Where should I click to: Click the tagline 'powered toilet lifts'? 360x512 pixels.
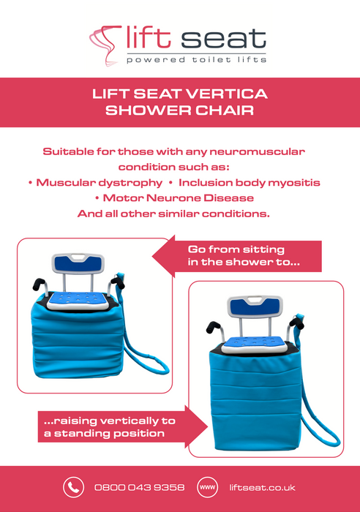click(x=196, y=59)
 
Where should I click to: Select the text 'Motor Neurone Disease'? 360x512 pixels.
click(x=179, y=198)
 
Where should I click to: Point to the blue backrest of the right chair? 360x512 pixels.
click(x=255, y=308)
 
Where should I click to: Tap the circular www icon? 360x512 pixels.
click(x=208, y=487)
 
